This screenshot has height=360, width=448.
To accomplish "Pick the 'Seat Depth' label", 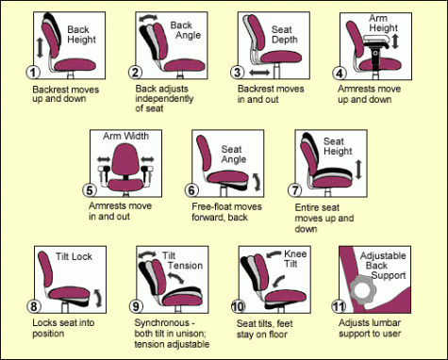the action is [x=283, y=36].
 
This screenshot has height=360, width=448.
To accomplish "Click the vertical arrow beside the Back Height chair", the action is [x=39, y=46].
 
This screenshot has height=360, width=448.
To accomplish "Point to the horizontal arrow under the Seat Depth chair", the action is [x=258, y=72].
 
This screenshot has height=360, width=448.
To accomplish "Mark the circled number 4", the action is [x=340, y=72].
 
